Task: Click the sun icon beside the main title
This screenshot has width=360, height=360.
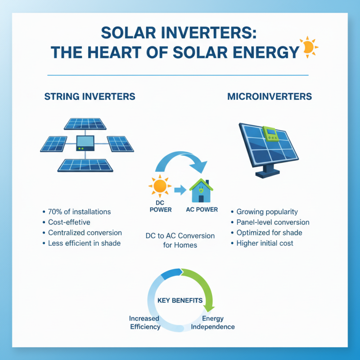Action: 309,47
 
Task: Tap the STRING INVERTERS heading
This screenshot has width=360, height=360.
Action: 90,97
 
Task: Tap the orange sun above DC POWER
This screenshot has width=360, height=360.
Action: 160,186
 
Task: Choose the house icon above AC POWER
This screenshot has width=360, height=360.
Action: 201,190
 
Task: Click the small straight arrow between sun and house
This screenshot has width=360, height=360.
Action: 180,190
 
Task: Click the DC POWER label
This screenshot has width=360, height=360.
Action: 160,207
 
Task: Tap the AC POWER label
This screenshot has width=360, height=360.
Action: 202,210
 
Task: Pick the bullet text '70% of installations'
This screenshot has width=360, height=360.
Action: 79,211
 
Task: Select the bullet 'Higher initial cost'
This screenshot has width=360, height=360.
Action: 265,243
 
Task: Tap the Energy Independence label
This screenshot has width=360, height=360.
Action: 213,323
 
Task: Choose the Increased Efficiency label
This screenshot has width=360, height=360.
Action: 145,323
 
